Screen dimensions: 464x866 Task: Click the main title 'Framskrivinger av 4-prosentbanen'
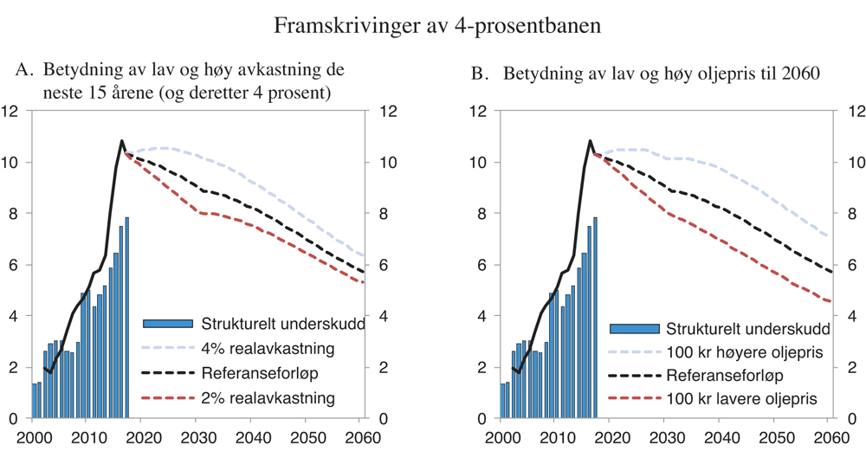click(x=437, y=26)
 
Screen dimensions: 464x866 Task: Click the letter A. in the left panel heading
click(x=25, y=71)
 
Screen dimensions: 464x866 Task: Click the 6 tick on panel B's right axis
click(x=851, y=265)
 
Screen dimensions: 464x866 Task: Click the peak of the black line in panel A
click(x=121, y=140)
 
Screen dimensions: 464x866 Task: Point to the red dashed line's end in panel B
click(x=830, y=301)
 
